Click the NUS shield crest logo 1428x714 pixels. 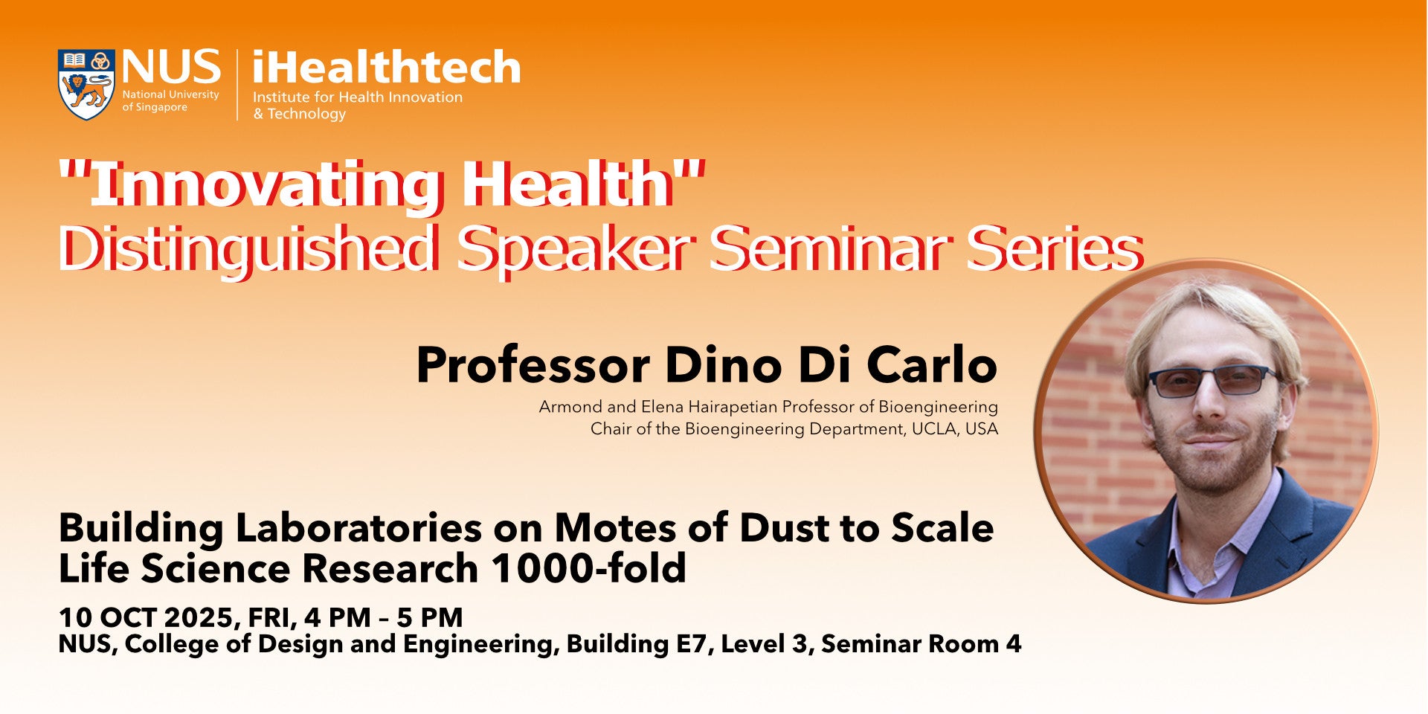[86, 85]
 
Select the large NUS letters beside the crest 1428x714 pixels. [172, 67]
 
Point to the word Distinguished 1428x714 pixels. [248, 248]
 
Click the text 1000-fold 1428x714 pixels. [588, 569]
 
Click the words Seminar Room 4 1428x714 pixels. [921, 644]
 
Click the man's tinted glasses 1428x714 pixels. [1212, 380]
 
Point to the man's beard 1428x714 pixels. [1212, 457]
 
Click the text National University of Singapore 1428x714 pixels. [170, 101]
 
